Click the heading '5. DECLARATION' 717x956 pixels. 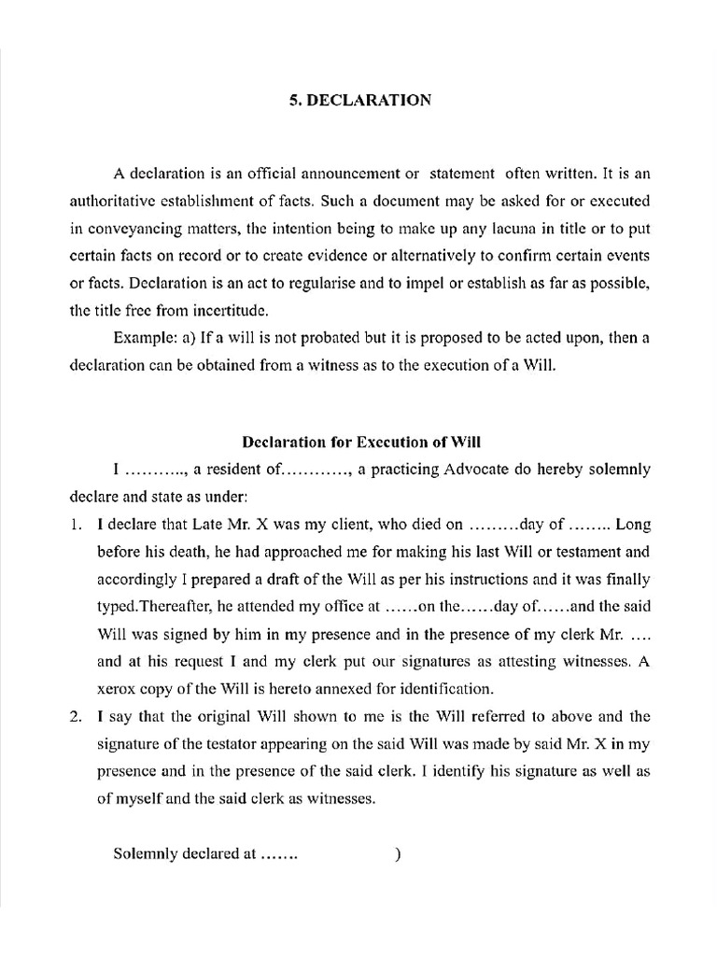click(x=360, y=100)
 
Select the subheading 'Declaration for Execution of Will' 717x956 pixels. click(x=361, y=441)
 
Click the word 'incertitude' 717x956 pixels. click(x=237, y=309)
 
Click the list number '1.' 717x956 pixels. click(x=77, y=524)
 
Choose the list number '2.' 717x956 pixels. click(x=77, y=717)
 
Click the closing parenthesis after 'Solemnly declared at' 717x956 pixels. click(x=399, y=854)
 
